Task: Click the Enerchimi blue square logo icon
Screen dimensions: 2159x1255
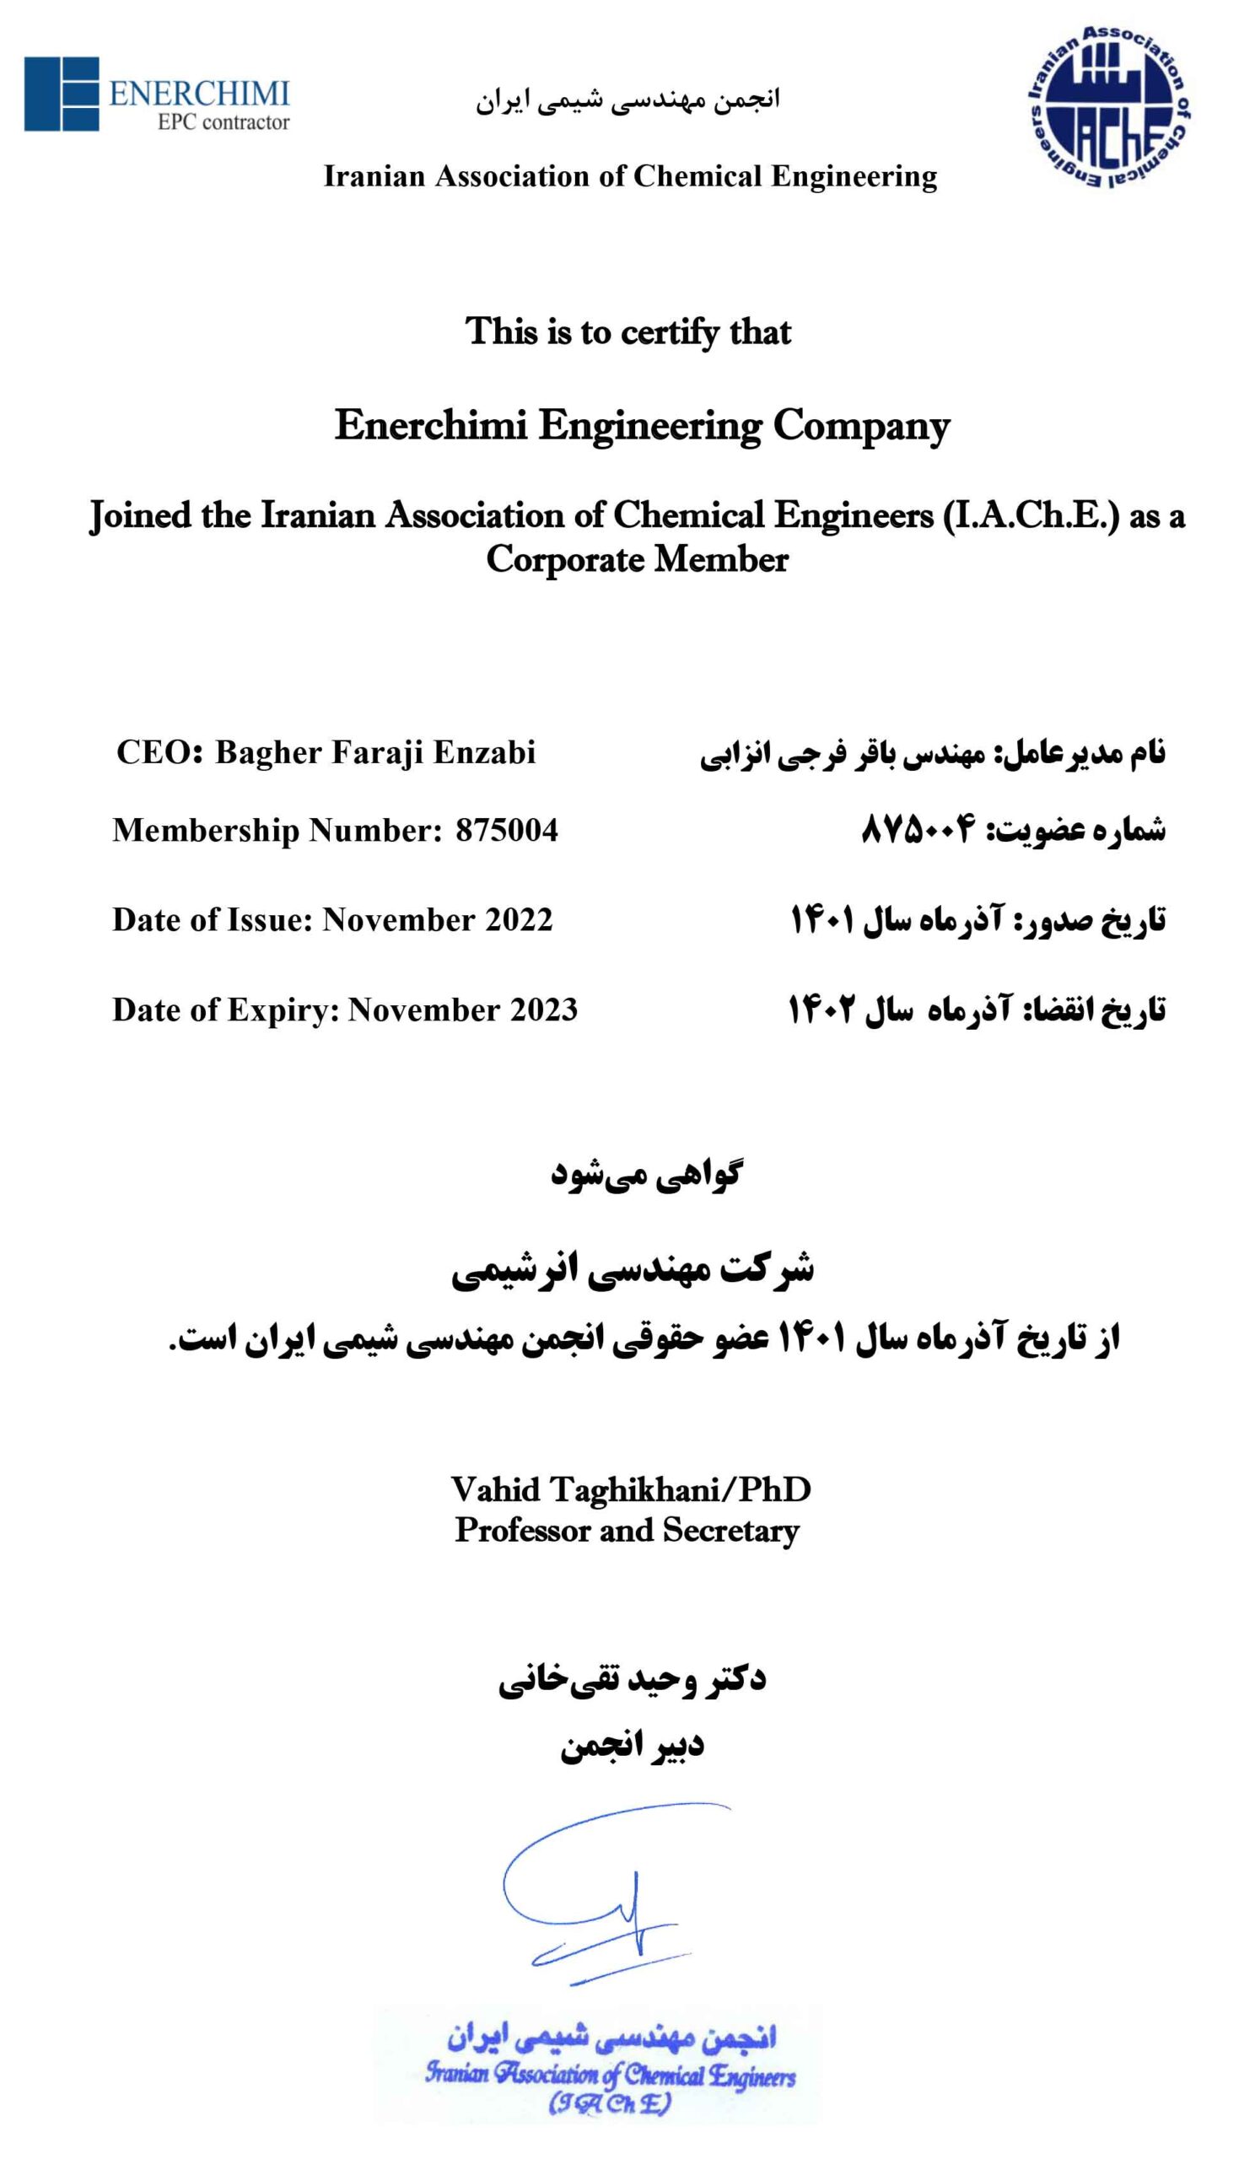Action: pos(61,94)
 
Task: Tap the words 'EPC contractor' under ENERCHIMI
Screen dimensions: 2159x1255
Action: pos(223,122)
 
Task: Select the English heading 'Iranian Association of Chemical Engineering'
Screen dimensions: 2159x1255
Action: pos(630,176)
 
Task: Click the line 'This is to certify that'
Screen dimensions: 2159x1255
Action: pos(628,331)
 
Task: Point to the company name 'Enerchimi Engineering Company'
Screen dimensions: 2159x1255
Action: pos(642,425)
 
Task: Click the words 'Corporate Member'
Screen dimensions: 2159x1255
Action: pos(637,560)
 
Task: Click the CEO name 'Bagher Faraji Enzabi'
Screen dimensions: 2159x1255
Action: pos(375,752)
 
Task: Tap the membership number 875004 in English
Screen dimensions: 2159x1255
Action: pos(506,830)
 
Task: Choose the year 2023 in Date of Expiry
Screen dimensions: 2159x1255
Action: pos(544,1010)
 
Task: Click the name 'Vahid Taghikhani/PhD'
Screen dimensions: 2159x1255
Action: pos(631,1490)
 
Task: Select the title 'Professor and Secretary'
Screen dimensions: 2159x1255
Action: pos(627,1530)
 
